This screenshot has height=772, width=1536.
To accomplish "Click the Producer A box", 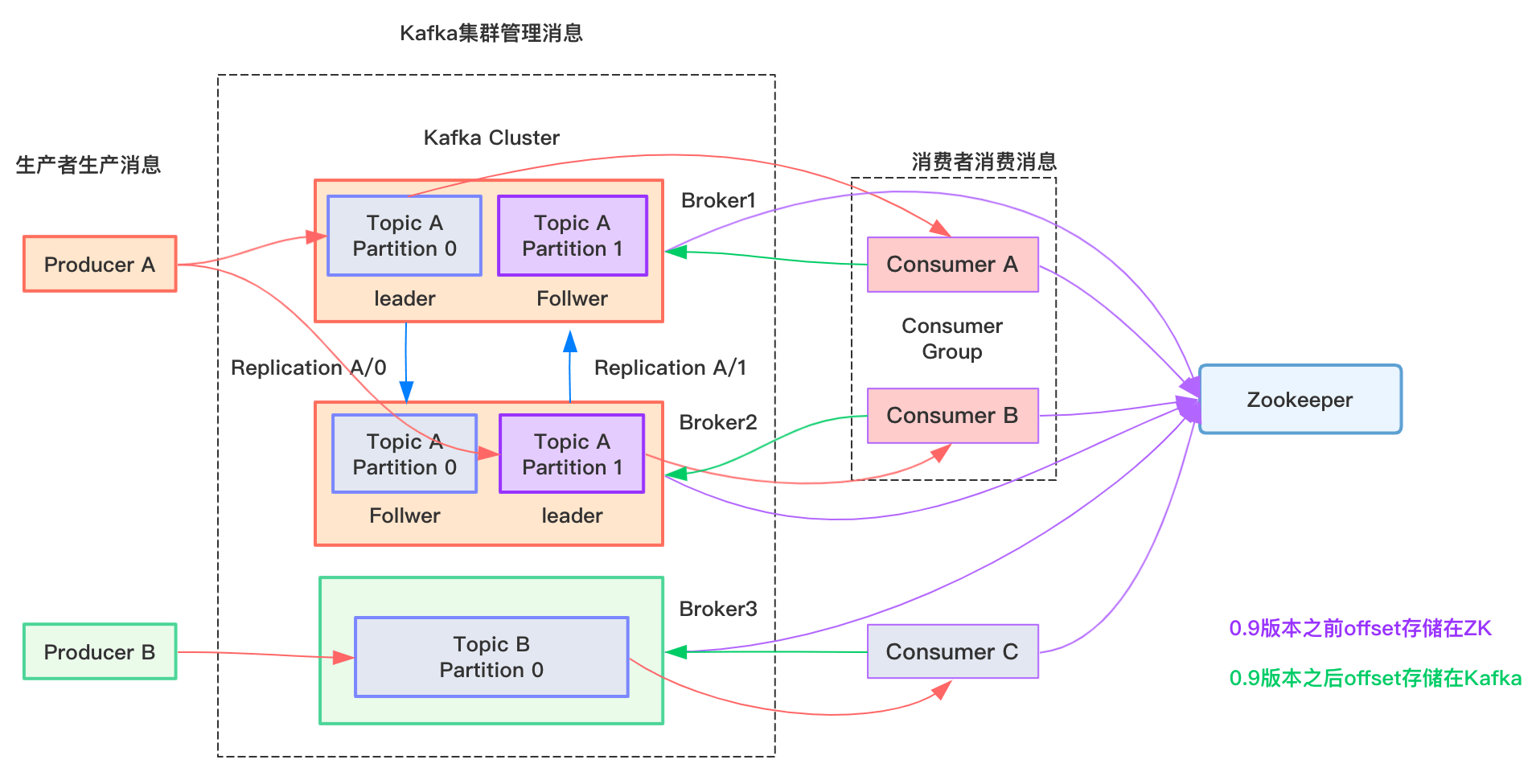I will [100, 264].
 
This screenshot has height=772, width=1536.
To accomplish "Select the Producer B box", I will [100, 651].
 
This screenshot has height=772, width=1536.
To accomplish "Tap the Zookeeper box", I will [1300, 400].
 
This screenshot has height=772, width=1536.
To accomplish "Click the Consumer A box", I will [952, 265].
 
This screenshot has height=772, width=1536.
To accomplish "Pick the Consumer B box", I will [952, 416].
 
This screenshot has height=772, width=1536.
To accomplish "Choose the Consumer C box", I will [952, 651].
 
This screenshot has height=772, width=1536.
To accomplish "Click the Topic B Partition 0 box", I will [491, 657].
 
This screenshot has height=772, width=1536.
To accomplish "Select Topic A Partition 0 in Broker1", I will [405, 236].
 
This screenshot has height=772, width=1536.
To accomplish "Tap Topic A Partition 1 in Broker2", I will [572, 454].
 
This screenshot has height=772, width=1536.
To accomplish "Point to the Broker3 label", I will [718, 609].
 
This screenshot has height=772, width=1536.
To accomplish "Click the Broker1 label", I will [718, 200].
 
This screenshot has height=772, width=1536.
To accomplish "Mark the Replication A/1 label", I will [670, 368].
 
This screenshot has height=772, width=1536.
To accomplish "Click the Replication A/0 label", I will [308, 368].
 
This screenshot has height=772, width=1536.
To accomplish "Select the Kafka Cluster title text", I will [491, 138].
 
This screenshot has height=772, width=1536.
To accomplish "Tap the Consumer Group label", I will [952, 339].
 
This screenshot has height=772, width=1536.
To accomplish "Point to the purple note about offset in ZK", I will [1360, 628].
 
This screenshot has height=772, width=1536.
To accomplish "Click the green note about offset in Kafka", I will [1375, 678].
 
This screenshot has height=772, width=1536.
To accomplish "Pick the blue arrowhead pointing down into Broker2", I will [406, 392].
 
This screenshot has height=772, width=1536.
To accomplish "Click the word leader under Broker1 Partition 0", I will [405, 298].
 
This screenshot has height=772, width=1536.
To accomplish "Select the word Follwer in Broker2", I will [405, 515].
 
